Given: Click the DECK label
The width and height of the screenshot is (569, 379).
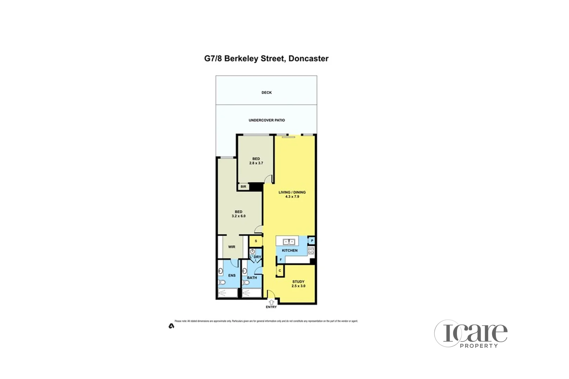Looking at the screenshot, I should [x=266, y=93].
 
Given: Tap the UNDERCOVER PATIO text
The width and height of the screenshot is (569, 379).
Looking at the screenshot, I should [x=267, y=120].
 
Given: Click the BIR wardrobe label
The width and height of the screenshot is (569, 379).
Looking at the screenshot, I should [x=243, y=187].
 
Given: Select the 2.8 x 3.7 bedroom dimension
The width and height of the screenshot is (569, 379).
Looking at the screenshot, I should [x=256, y=163].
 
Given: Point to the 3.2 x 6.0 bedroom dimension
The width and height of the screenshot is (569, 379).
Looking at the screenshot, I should [x=238, y=216].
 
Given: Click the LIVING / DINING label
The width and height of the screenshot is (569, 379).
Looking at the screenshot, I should [x=292, y=192].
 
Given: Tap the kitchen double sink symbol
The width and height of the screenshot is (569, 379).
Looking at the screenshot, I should [x=289, y=241].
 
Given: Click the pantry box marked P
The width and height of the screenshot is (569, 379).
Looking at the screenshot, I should [x=312, y=241].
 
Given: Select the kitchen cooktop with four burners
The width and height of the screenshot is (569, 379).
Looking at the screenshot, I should [x=311, y=251].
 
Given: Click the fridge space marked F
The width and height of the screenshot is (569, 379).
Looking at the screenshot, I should [x=280, y=260].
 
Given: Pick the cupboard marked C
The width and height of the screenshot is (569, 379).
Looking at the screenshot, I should [x=280, y=271].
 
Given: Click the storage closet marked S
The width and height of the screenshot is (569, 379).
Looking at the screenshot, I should [x=256, y=241].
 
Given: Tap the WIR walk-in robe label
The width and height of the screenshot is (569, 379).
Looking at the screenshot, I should [x=232, y=247].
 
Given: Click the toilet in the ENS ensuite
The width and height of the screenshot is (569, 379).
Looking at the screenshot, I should [x=222, y=282].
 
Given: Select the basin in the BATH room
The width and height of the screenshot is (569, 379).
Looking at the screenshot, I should [x=245, y=271].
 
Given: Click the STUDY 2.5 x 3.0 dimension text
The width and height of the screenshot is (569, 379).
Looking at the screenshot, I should [x=298, y=286].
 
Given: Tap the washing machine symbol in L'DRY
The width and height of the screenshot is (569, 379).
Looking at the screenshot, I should [x=253, y=252].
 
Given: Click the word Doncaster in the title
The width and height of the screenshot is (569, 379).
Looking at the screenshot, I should [x=308, y=59].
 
